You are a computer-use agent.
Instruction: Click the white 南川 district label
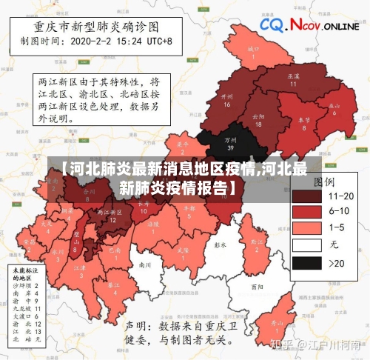pos(145,264)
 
